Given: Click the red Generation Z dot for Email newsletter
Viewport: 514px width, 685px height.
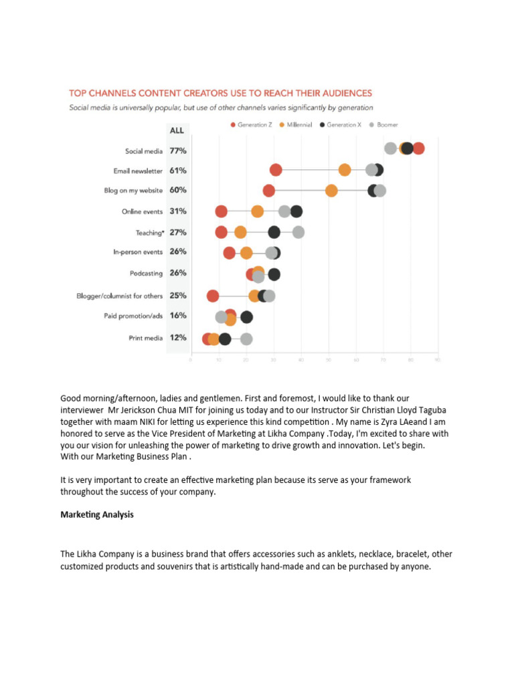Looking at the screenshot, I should coord(275,170).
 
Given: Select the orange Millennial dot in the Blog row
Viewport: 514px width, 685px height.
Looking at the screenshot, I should coord(331,191).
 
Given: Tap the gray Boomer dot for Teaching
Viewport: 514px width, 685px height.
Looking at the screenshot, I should coord(298,232).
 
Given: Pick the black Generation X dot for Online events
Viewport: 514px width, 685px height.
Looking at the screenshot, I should coord(296,211).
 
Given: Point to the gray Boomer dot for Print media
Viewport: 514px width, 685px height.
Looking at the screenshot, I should coord(246,338).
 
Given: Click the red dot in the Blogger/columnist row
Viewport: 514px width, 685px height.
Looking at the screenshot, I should coord(213,296).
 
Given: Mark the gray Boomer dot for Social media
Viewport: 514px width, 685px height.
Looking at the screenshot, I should coord(390,149).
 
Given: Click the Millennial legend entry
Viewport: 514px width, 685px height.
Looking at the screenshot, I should coord(296,125).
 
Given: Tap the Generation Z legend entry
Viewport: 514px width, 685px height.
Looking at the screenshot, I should coord(252,125).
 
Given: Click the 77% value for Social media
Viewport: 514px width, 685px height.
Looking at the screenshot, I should coord(177,151).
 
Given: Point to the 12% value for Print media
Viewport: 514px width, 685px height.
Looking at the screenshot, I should coord(177,338).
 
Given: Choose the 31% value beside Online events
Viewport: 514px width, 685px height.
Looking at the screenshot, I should coord(177,211).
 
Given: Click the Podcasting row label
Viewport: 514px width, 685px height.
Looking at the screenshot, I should coord(147,274).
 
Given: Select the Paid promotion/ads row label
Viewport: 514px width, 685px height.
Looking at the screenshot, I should coord(133,316).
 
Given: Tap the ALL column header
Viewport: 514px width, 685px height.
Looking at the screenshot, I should coord(176,130).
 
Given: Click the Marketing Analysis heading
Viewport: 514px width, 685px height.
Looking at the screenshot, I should coord(97,514).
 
